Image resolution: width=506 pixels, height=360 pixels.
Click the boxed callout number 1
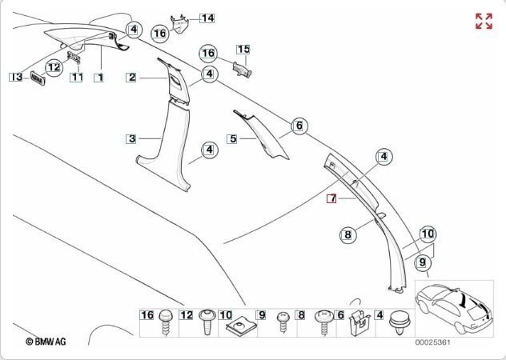[98, 78]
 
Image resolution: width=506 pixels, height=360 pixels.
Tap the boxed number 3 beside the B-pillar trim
[132, 138]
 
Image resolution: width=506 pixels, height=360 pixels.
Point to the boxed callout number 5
[233, 138]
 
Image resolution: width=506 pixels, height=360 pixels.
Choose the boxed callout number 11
[77, 78]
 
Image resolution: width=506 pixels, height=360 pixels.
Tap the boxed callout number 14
[207, 17]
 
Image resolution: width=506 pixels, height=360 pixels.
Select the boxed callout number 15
[243, 50]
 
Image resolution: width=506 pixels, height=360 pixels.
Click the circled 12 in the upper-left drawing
[54, 68]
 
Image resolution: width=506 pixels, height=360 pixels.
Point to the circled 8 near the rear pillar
[347, 234]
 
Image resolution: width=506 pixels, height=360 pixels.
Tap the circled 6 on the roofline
[299, 126]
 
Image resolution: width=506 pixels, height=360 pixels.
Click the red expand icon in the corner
[484, 21]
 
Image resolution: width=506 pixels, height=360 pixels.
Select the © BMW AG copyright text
[46, 342]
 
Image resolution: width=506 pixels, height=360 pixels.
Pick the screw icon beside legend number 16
[167, 322]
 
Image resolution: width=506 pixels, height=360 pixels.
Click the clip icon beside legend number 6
[359, 322]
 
